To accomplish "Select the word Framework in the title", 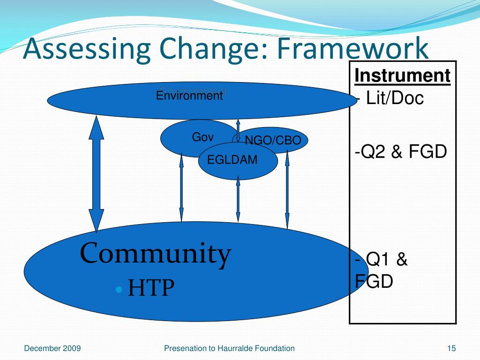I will point(352,49).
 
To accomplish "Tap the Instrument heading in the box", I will point(402,75).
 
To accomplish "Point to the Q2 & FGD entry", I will point(400,151).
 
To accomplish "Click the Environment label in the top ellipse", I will point(189,96).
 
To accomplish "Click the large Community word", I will point(156,254).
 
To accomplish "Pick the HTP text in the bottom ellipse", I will point(151,288).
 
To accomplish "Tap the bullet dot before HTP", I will point(120,289).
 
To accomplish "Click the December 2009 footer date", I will point(52,348).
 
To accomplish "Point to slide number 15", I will point(451,348).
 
